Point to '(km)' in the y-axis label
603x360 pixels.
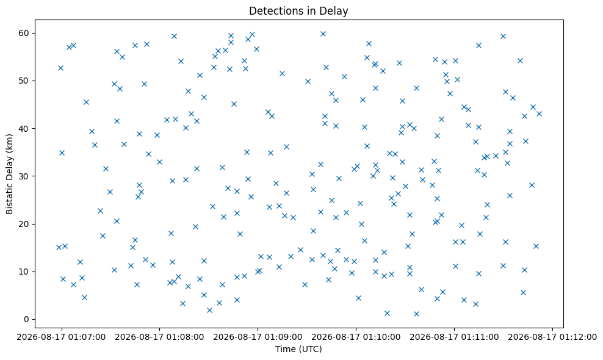[x=9, y=142]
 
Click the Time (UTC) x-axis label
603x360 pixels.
[x=298, y=349]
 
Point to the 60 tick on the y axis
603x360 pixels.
[x=24, y=33]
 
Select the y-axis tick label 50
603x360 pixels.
[x=24, y=81]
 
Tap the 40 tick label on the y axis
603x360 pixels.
[x=24, y=129]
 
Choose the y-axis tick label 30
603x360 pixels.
[x=24, y=176]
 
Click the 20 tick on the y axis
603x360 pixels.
[x=24, y=224]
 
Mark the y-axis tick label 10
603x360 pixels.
[x=24, y=272]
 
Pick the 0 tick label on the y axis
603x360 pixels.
[x=26, y=319]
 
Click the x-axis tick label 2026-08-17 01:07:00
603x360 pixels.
[x=61, y=337]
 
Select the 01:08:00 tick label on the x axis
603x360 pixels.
[x=159, y=337]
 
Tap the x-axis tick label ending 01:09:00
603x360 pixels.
[x=258, y=337]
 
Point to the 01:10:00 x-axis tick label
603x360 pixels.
[x=356, y=337]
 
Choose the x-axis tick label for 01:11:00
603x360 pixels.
[x=454, y=337]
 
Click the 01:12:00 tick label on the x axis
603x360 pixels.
[x=552, y=337]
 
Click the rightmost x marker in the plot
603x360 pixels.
[x=539, y=113]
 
